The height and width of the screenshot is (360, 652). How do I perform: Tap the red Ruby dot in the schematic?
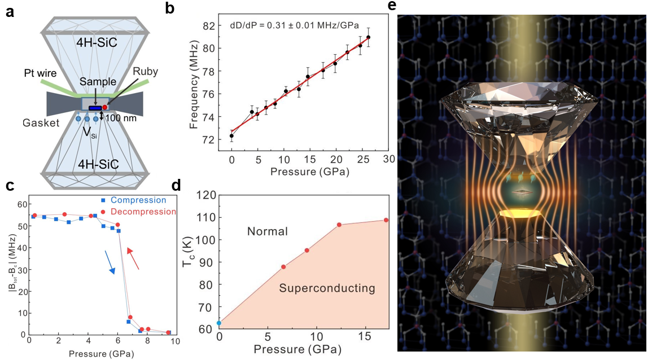[x=105, y=107]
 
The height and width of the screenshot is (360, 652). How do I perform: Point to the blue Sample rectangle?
[x=95, y=108]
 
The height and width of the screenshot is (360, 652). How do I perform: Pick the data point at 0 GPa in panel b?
[x=231, y=136]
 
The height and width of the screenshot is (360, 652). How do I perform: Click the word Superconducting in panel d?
[x=327, y=288]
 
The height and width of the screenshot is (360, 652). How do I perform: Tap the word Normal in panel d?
[x=268, y=231]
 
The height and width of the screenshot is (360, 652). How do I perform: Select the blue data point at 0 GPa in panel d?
[x=219, y=323]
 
